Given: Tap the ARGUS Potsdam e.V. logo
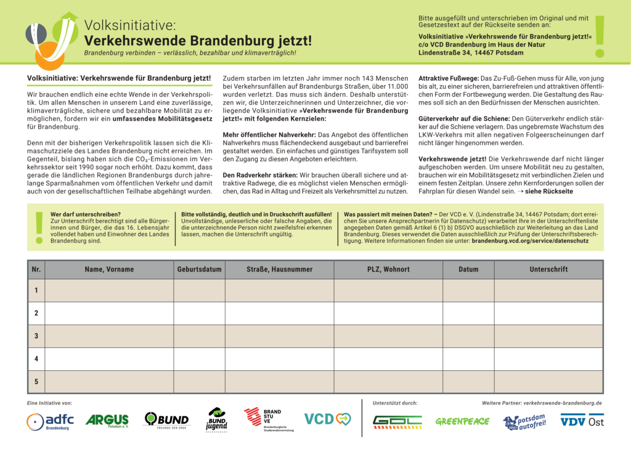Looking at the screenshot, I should (107, 421).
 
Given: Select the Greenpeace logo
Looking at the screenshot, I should (462, 421).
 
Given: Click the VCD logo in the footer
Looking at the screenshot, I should (327, 419).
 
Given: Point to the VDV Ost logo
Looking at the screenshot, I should (582, 421).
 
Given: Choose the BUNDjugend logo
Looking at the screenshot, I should (216, 419).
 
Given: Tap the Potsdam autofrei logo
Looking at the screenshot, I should (524, 422).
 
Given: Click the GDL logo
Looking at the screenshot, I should (397, 421).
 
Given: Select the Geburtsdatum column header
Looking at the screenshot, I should (199, 269).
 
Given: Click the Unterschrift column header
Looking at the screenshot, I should (548, 269).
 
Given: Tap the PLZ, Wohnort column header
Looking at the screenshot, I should (388, 269).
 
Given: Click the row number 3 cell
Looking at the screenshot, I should (36, 336).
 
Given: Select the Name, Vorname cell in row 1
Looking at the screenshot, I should (109, 291).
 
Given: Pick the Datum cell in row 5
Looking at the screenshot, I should (468, 382).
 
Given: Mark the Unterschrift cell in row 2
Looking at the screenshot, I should (548, 313).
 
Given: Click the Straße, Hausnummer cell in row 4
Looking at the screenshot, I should (279, 359).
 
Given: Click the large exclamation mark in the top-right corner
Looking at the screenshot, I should (600, 37).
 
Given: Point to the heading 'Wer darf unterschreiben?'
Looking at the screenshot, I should (77, 214).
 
